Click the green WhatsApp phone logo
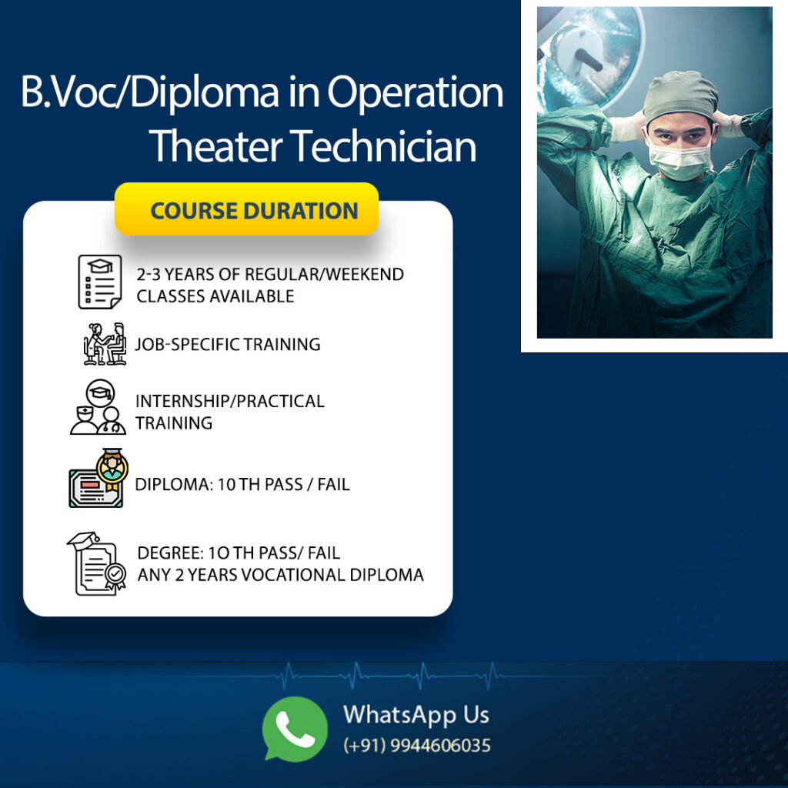coord(295,728)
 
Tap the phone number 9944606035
coord(440,745)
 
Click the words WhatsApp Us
coord(416,715)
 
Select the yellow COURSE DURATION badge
coord(246,209)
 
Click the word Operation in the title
coord(415,93)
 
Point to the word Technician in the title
coord(383,145)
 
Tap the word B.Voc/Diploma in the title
coord(150,92)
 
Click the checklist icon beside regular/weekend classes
coord(100,282)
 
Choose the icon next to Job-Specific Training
coord(105,344)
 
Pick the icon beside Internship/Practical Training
coord(98,407)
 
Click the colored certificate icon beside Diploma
coord(98,478)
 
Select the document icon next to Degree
coord(96,564)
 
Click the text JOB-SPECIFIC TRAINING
coord(228,344)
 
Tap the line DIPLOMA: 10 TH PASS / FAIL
coord(242,485)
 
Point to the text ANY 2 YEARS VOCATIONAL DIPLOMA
coord(280,574)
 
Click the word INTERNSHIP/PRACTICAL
coord(230,401)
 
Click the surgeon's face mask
coord(679,157)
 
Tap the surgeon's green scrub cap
coord(681,95)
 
